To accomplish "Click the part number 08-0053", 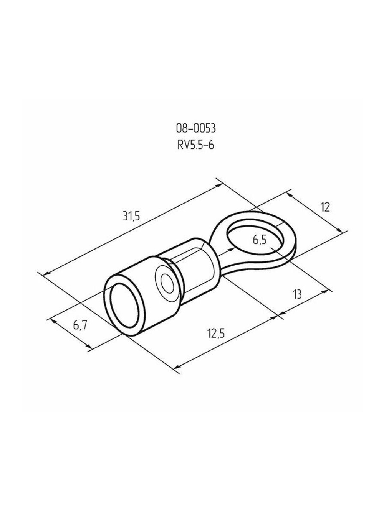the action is coord(195,129).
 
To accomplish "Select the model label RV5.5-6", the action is coord(195,145).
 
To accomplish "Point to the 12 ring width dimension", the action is coord(325,207).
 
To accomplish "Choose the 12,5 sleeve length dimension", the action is coord(216,334).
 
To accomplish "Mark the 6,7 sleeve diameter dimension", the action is coord(80,325).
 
